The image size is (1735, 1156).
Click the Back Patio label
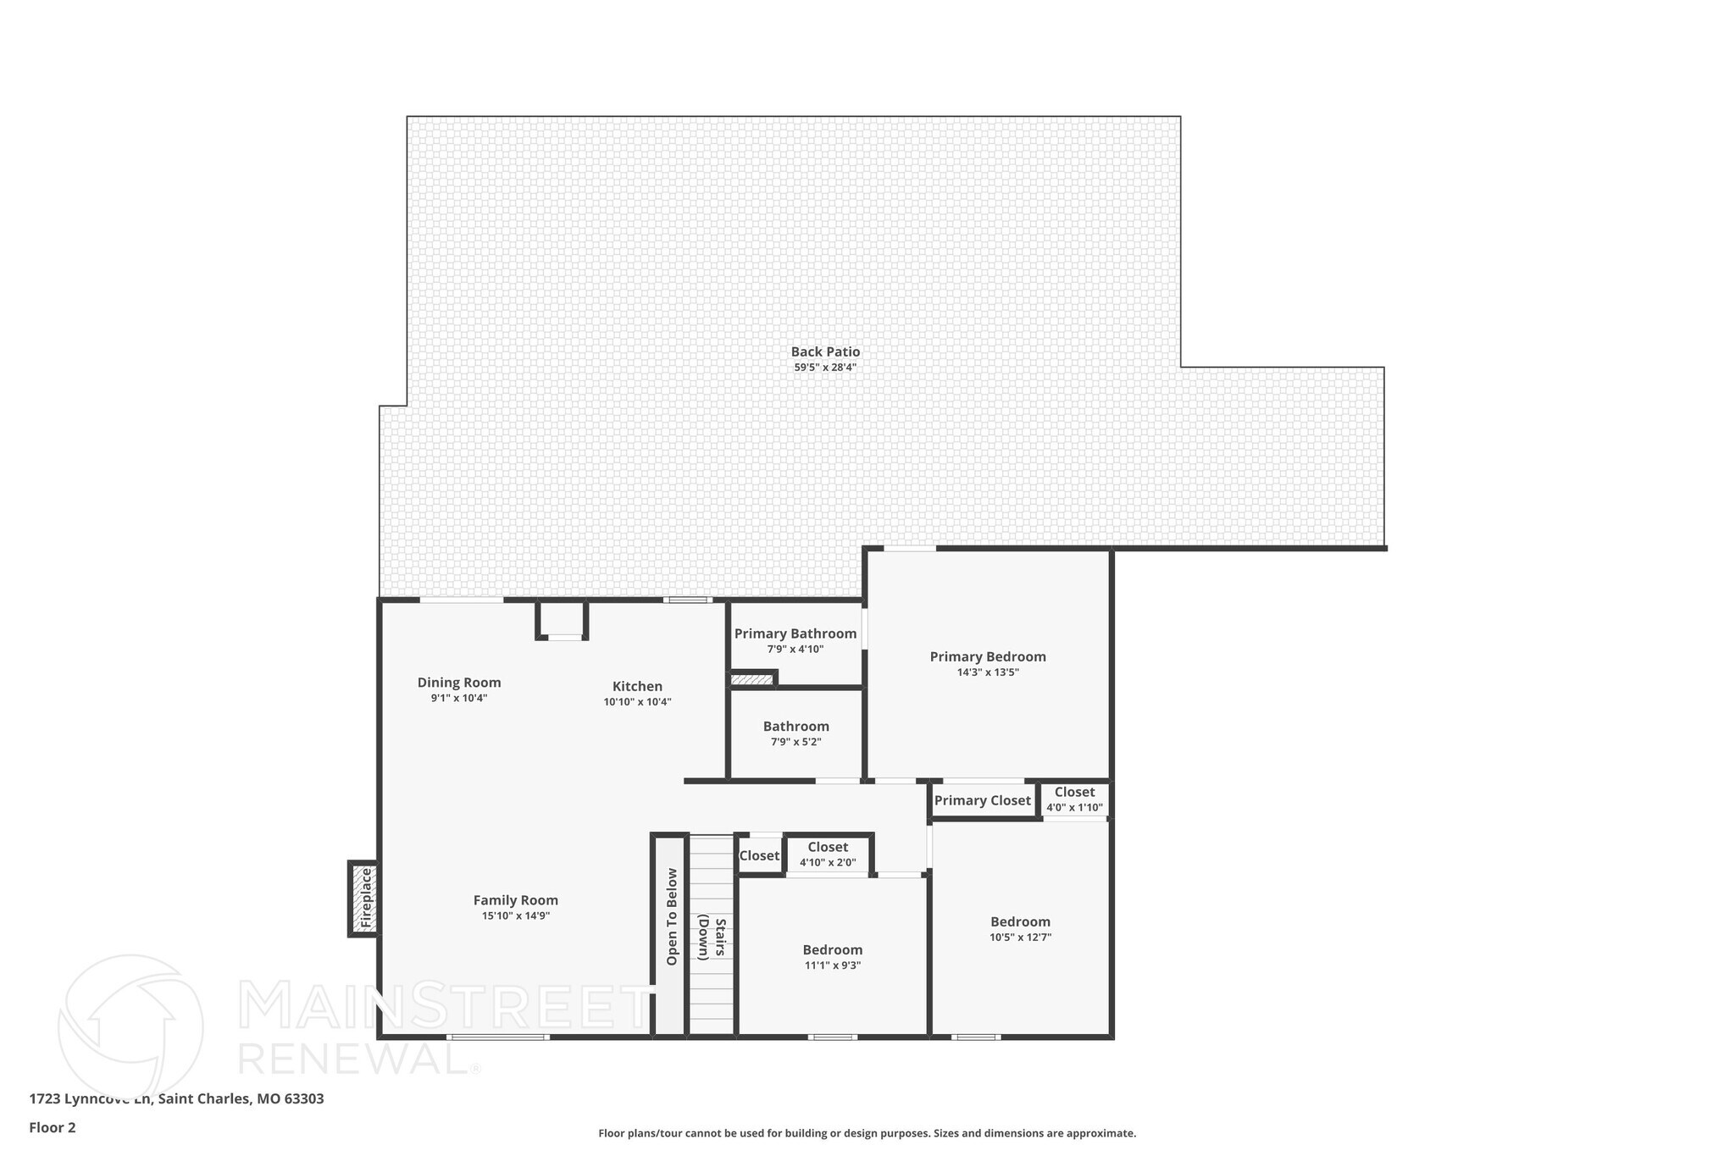point(825,351)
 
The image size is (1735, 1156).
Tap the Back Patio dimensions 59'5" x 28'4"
point(825,368)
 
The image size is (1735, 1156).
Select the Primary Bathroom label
point(795,633)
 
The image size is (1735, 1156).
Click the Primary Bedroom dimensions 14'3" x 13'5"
point(988,672)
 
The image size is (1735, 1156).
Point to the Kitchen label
point(637,686)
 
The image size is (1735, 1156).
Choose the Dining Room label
point(459,683)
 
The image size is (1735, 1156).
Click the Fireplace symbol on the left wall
point(365,898)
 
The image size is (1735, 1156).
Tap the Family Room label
point(515,900)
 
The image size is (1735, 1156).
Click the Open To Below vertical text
point(672,916)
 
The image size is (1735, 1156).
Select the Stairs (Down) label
point(712,938)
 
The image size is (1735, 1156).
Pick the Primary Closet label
point(982,800)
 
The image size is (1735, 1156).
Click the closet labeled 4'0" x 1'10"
point(1074,799)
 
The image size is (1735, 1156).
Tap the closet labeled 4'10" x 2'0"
point(828,854)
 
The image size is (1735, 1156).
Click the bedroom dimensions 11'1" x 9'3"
point(833,965)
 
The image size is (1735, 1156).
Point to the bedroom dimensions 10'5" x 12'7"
point(1020,938)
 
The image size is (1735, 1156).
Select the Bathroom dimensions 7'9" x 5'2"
point(795,742)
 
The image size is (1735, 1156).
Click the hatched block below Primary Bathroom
point(752,679)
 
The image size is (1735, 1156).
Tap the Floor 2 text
point(53,1127)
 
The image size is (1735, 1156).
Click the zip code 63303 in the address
point(303,1099)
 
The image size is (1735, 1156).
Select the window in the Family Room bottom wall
point(498,1037)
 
